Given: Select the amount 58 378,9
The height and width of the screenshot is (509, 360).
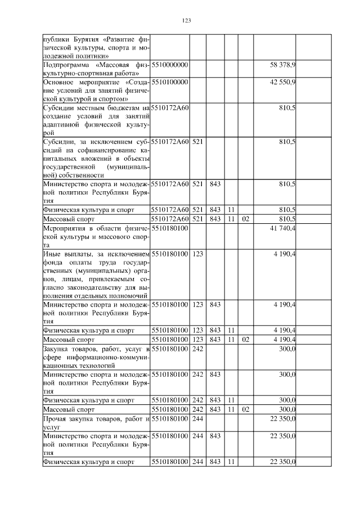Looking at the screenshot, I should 283,66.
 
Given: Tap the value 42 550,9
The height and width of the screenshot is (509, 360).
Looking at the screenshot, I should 283,82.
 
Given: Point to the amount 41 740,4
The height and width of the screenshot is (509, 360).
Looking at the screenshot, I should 283,229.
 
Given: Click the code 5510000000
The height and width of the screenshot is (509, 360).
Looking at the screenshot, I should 169,66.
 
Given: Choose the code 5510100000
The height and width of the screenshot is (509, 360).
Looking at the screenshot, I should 169,82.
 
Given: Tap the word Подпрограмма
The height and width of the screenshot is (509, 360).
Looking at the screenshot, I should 65,66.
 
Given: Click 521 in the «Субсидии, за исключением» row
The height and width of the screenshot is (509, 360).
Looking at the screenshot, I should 197,141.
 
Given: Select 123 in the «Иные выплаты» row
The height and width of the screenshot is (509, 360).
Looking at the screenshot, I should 197,254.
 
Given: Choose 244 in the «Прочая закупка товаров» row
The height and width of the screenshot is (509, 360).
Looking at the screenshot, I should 197,418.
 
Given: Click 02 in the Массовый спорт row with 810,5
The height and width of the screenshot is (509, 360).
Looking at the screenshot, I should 245,218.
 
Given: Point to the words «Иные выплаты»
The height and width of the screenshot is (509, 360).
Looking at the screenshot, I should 65,254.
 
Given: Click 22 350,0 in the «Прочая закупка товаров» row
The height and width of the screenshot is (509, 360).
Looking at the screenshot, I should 283,418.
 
